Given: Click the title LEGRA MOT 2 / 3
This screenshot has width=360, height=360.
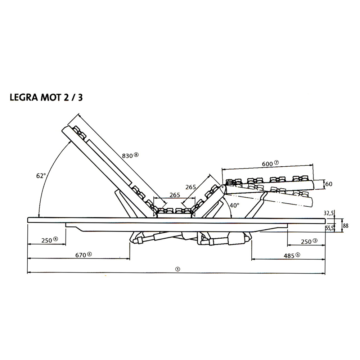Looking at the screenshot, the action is [46, 98].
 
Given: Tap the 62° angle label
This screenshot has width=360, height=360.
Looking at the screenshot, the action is [41, 176].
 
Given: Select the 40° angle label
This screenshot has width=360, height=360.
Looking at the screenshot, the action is [234, 205].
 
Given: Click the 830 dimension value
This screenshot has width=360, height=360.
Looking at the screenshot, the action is [127, 156].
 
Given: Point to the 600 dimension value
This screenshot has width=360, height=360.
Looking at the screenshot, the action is [267, 164].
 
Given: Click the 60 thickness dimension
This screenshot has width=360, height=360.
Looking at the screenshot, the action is [329, 184].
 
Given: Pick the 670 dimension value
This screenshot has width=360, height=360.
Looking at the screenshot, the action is [81, 255].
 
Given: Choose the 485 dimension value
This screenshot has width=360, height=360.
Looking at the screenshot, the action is [289, 256].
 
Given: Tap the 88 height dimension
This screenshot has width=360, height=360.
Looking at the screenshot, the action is [346, 226].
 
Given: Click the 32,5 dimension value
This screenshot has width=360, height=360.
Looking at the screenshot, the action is [328, 213].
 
